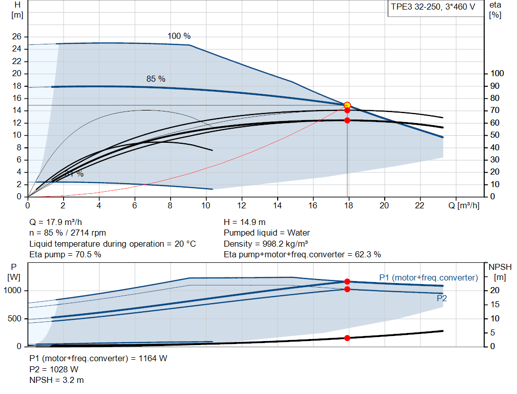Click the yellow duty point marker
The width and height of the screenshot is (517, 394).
tap(347, 105)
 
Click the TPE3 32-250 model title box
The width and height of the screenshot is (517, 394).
tap(433, 8)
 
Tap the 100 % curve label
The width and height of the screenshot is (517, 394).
tap(179, 36)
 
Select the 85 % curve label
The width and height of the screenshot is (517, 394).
tap(156, 79)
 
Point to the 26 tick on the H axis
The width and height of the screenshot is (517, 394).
tap(17, 37)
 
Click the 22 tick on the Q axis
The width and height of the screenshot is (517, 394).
tap(420, 205)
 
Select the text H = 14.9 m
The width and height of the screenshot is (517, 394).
tap(245, 222)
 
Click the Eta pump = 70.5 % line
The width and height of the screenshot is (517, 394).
tap(65, 254)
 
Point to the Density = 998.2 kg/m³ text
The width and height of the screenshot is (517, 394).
tap(266, 244)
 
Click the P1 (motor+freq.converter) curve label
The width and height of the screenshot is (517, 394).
tap(428, 277)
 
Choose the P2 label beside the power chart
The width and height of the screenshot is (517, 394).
tap(442, 298)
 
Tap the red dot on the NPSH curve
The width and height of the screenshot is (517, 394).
tap(347, 337)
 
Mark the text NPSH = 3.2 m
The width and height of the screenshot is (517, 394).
tap(57, 379)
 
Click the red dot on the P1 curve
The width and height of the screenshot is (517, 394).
tap(347, 282)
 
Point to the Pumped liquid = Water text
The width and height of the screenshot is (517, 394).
tap(267, 233)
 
